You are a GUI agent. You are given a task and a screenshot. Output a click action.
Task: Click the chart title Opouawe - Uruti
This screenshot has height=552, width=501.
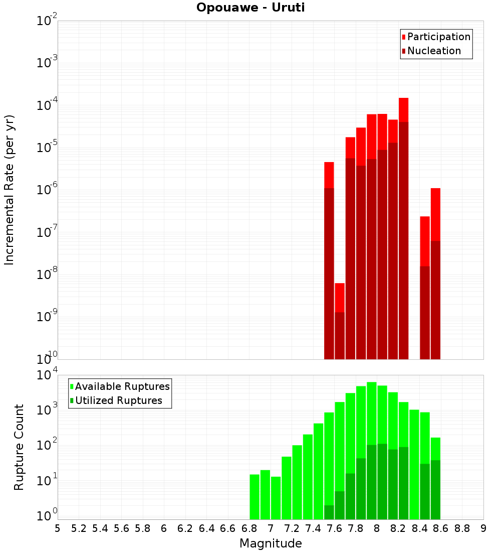pyautogui.click(x=250, y=8)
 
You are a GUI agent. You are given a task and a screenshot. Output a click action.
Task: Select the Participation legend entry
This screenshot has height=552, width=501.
pyautogui.click(x=438, y=37)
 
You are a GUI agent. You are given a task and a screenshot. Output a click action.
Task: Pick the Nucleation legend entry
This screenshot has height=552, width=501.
pyautogui.click(x=433, y=51)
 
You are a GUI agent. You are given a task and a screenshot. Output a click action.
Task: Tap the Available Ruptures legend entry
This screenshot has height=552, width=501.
pyautogui.click(x=122, y=386)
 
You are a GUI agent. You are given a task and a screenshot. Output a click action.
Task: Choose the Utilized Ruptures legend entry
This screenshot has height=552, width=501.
pyautogui.click(x=118, y=400)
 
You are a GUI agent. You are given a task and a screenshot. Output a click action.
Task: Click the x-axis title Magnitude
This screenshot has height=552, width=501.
pyautogui.click(x=271, y=543)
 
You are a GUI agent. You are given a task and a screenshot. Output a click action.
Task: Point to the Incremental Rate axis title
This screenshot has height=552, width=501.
pyautogui.click(x=10, y=190)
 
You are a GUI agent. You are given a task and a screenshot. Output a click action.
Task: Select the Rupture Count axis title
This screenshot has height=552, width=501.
pyautogui.click(x=19, y=447)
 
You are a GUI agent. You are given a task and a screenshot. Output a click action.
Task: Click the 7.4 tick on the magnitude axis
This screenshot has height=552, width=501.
pyautogui.click(x=313, y=528)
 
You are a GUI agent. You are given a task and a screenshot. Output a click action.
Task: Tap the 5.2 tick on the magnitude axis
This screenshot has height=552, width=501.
pyautogui.click(x=79, y=528)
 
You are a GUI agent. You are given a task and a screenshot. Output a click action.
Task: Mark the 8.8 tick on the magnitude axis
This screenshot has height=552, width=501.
pyautogui.click(x=462, y=528)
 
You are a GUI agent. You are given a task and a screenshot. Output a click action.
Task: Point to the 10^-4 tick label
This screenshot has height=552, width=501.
pyautogui.click(x=47, y=105)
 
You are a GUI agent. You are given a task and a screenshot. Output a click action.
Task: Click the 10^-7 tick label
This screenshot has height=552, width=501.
pyautogui.click(x=47, y=232)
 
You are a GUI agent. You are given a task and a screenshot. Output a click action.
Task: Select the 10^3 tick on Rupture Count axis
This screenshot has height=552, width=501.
pyautogui.click(x=48, y=409)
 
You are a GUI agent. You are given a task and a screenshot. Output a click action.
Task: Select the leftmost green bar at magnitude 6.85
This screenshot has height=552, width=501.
pyautogui.click(x=255, y=497)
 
